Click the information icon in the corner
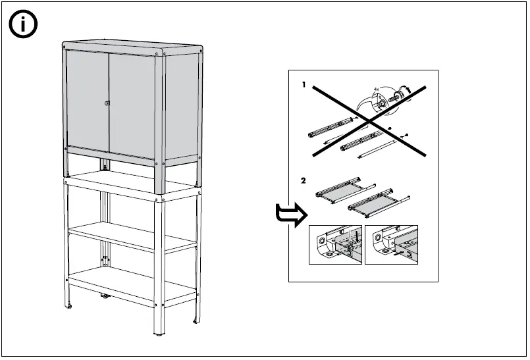point(23,24)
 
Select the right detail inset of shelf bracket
point(391,245)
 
